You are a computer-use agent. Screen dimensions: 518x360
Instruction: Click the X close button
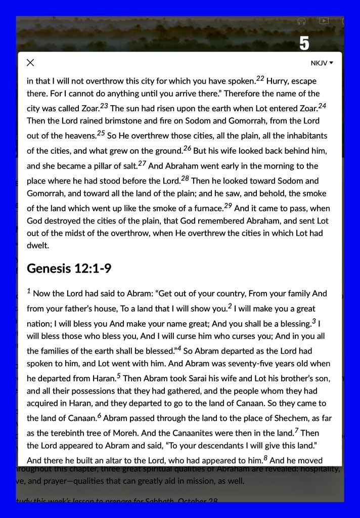[30, 63]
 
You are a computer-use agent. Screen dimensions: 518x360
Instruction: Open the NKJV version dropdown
[322, 63]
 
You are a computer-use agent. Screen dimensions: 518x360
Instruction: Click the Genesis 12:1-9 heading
[69, 269]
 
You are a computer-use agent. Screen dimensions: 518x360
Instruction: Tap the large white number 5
[304, 44]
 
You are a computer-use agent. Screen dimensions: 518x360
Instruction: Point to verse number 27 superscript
[142, 163]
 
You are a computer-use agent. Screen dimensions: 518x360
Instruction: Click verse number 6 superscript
[100, 416]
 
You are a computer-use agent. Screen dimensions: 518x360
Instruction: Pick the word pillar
[93, 166]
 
